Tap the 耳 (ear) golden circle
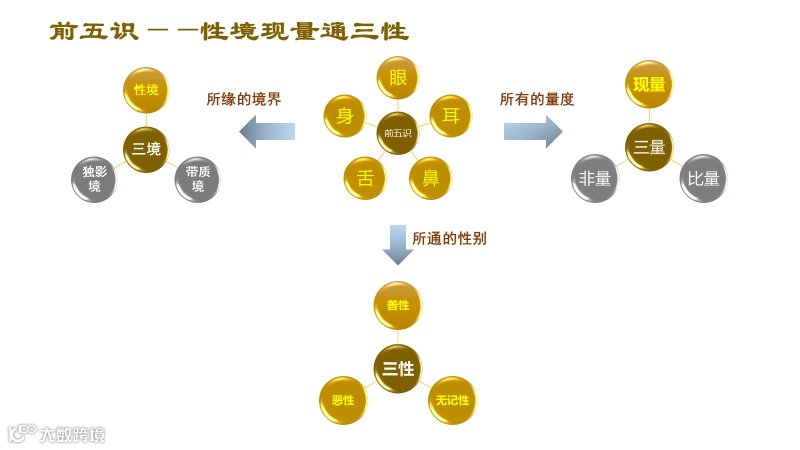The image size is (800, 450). pyautogui.click(x=450, y=115)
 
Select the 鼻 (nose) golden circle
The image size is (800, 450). pyautogui.click(x=430, y=178)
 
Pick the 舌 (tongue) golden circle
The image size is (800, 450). pyautogui.click(x=365, y=178)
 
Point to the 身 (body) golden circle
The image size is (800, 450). pyautogui.click(x=345, y=115)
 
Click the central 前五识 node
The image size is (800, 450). pyautogui.click(x=398, y=133)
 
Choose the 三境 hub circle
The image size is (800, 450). pyautogui.click(x=146, y=149)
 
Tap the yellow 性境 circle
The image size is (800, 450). pyautogui.click(x=146, y=89)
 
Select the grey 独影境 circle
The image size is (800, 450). pyautogui.click(x=94, y=179)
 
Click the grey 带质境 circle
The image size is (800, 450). pyautogui.click(x=197, y=179)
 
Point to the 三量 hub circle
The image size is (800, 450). pyautogui.click(x=649, y=147)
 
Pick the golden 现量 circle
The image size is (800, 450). pyautogui.click(x=649, y=84)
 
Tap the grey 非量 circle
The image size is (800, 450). pyautogui.click(x=594, y=179)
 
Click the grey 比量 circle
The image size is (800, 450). pyautogui.click(x=703, y=179)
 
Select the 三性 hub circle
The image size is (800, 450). pyautogui.click(x=398, y=368)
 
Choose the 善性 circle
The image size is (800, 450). pyautogui.click(x=398, y=305)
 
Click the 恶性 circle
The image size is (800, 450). pyautogui.click(x=343, y=400)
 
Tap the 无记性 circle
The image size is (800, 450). pyautogui.click(x=452, y=400)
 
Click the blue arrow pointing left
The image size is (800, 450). pyautogui.click(x=267, y=131)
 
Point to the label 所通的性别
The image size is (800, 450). pyautogui.click(x=450, y=239)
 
